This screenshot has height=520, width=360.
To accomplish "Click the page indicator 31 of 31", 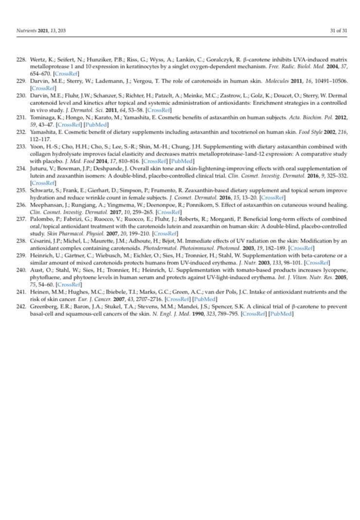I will (336, 31).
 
